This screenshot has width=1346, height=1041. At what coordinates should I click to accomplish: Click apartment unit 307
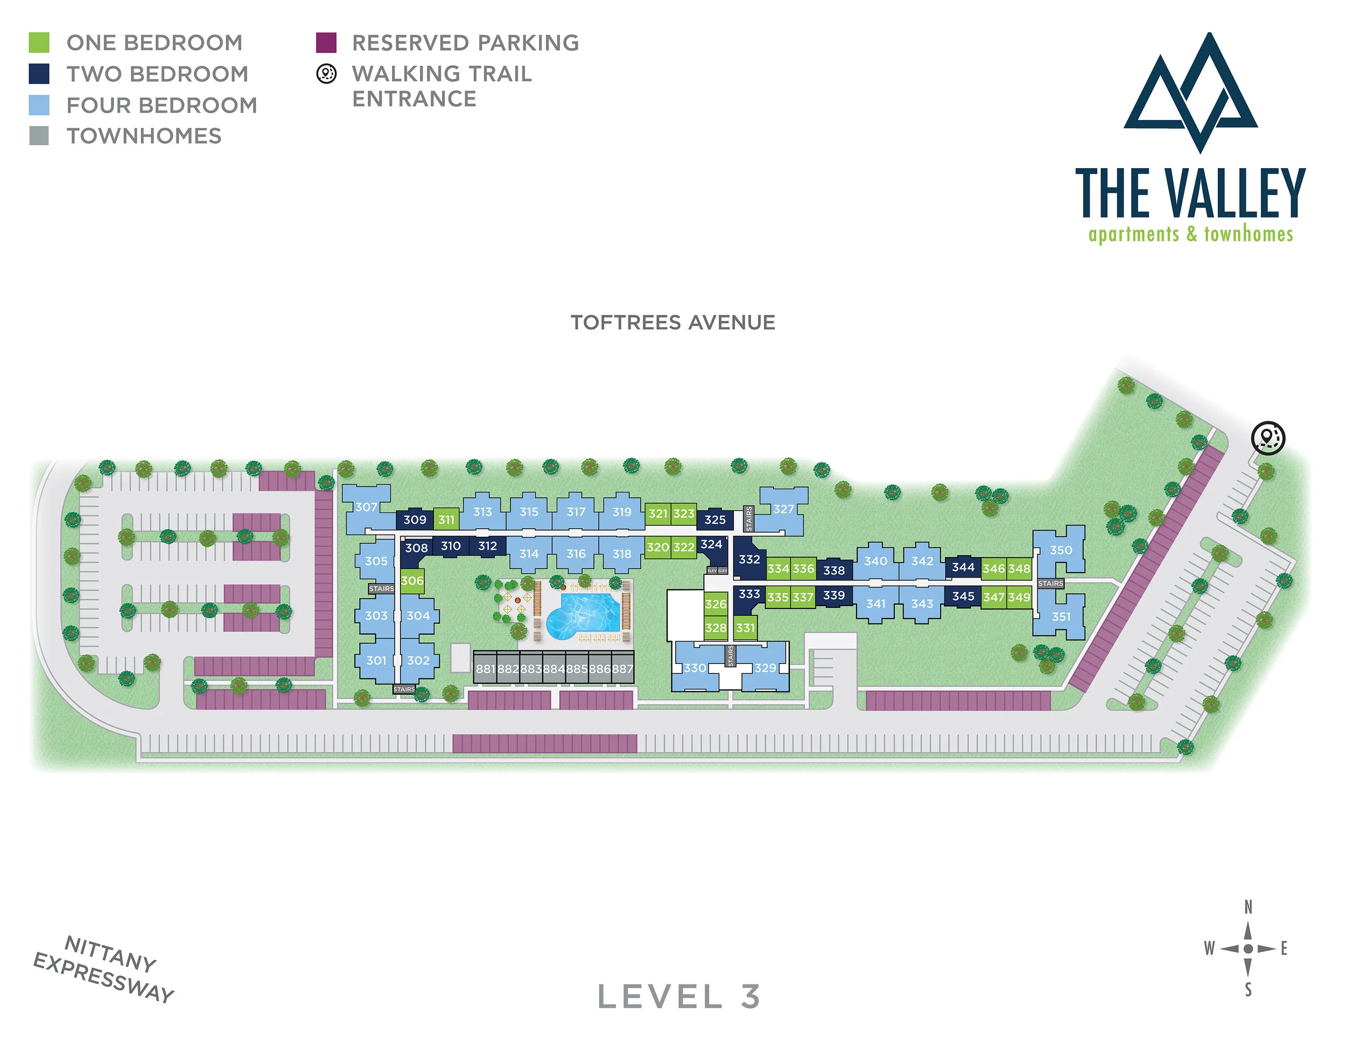[367, 508]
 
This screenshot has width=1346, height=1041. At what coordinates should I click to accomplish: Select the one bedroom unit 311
[446, 520]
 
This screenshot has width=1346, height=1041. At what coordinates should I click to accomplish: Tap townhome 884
[553, 669]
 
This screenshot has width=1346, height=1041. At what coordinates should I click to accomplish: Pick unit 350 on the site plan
[1061, 550]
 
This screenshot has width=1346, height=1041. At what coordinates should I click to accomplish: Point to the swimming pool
[585, 614]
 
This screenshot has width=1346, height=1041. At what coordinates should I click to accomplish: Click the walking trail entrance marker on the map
[1268, 438]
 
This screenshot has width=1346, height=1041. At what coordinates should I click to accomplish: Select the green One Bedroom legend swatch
[39, 43]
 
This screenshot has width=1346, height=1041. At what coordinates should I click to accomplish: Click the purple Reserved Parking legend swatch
[326, 43]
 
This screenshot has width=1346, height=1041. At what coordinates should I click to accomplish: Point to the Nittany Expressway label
[103, 969]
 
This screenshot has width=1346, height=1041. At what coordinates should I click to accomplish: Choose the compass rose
[1247, 948]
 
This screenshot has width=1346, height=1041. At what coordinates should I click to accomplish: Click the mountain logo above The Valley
[1190, 93]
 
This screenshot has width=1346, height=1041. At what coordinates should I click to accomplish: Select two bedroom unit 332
[749, 559]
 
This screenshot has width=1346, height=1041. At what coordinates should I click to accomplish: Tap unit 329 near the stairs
[765, 668]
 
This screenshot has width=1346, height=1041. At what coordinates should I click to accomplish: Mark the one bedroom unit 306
[412, 581]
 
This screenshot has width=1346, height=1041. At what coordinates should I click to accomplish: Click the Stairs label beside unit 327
[749, 519]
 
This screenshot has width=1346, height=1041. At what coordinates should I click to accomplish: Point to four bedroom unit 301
[376, 661]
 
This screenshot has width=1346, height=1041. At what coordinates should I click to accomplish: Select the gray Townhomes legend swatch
[39, 136]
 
